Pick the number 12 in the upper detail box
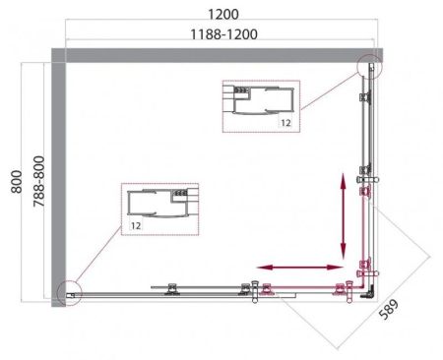coord(284,124)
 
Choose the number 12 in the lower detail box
coord(134,227)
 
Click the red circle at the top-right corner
coord(369,67)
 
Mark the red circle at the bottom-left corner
coord(67,292)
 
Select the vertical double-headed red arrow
coord(344,214)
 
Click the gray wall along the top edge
coord(217,57)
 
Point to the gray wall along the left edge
coord(58,177)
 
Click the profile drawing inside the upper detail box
coord(261,101)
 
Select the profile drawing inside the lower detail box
coord(160,204)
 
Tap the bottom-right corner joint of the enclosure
coord(365,288)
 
